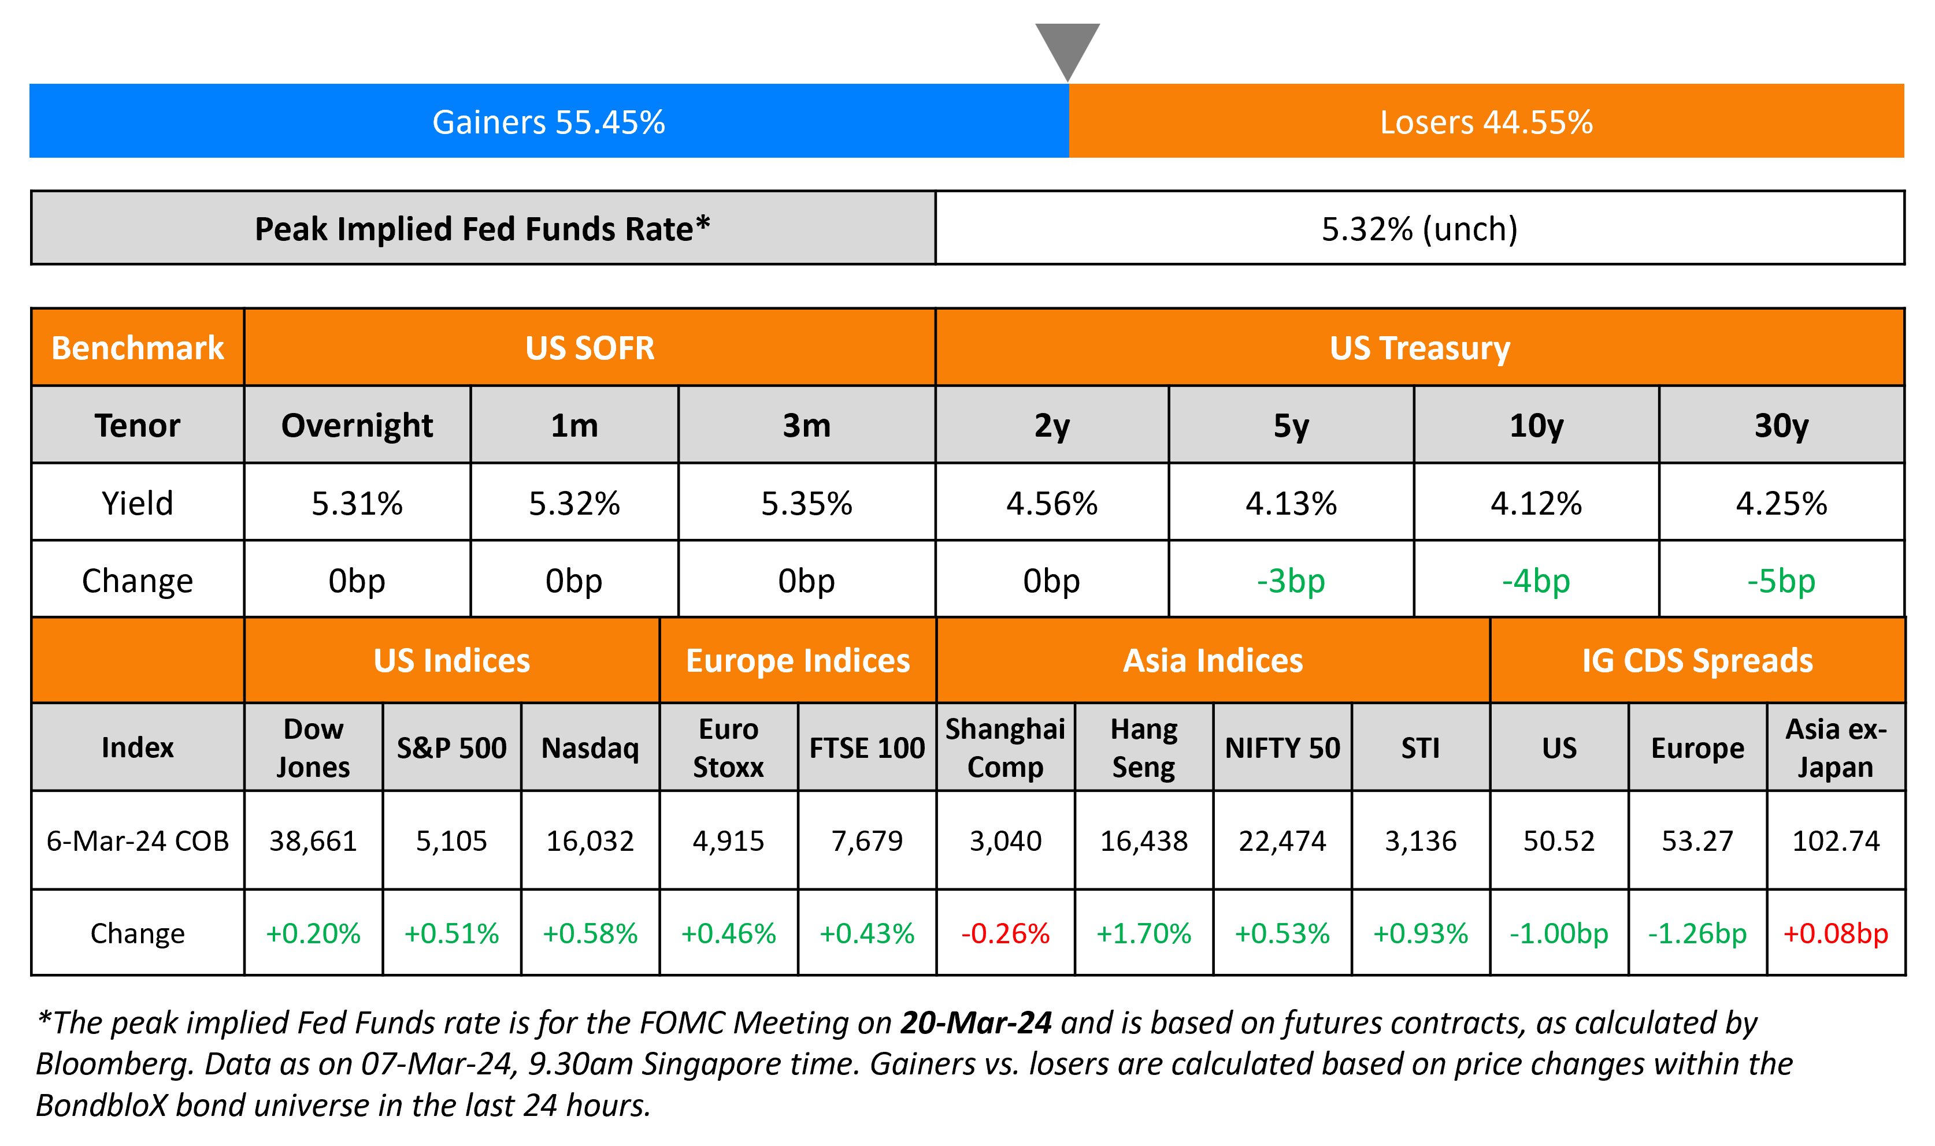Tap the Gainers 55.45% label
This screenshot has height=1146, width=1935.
[x=548, y=122]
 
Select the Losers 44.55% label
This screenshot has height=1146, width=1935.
[x=1486, y=122]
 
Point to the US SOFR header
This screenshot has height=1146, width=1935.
[x=590, y=348]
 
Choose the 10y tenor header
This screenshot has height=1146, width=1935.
[x=1536, y=426]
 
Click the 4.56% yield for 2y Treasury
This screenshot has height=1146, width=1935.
[x=1051, y=504]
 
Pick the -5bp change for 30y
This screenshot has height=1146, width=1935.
[x=1781, y=581]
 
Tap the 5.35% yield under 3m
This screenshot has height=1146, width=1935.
[x=806, y=504]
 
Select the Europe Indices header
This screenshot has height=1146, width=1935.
[x=798, y=661]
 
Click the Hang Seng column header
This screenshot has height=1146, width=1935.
[x=1143, y=747]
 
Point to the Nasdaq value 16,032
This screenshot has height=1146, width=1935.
[x=590, y=840]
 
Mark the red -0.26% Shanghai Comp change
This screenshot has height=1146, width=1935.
[x=1005, y=933]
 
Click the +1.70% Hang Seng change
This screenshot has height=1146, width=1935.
[x=1143, y=933]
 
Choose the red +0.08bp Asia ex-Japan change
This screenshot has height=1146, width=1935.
[x=1836, y=933]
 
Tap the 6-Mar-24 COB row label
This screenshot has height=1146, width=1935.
[x=138, y=840]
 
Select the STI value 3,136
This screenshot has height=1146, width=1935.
[x=1421, y=840]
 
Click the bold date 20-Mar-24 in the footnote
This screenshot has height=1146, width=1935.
[x=976, y=1022]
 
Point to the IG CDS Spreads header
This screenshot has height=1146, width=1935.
[x=1697, y=661]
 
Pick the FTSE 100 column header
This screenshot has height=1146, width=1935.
[x=867, y=747]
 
